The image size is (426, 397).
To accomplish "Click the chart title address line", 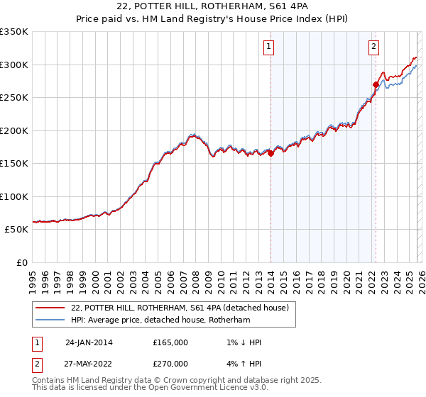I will coord(213,6).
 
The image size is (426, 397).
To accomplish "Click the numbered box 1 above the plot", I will coord(270,47).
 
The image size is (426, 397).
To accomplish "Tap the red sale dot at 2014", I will coord(271,153).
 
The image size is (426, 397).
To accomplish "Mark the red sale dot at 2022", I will coord(375,84).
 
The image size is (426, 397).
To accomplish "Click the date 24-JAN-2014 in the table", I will coord(89,342).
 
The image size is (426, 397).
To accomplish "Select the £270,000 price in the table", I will coord(170,365).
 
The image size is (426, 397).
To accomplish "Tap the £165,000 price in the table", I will coord(170,342).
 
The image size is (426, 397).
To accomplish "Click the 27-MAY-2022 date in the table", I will coord(89,365).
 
